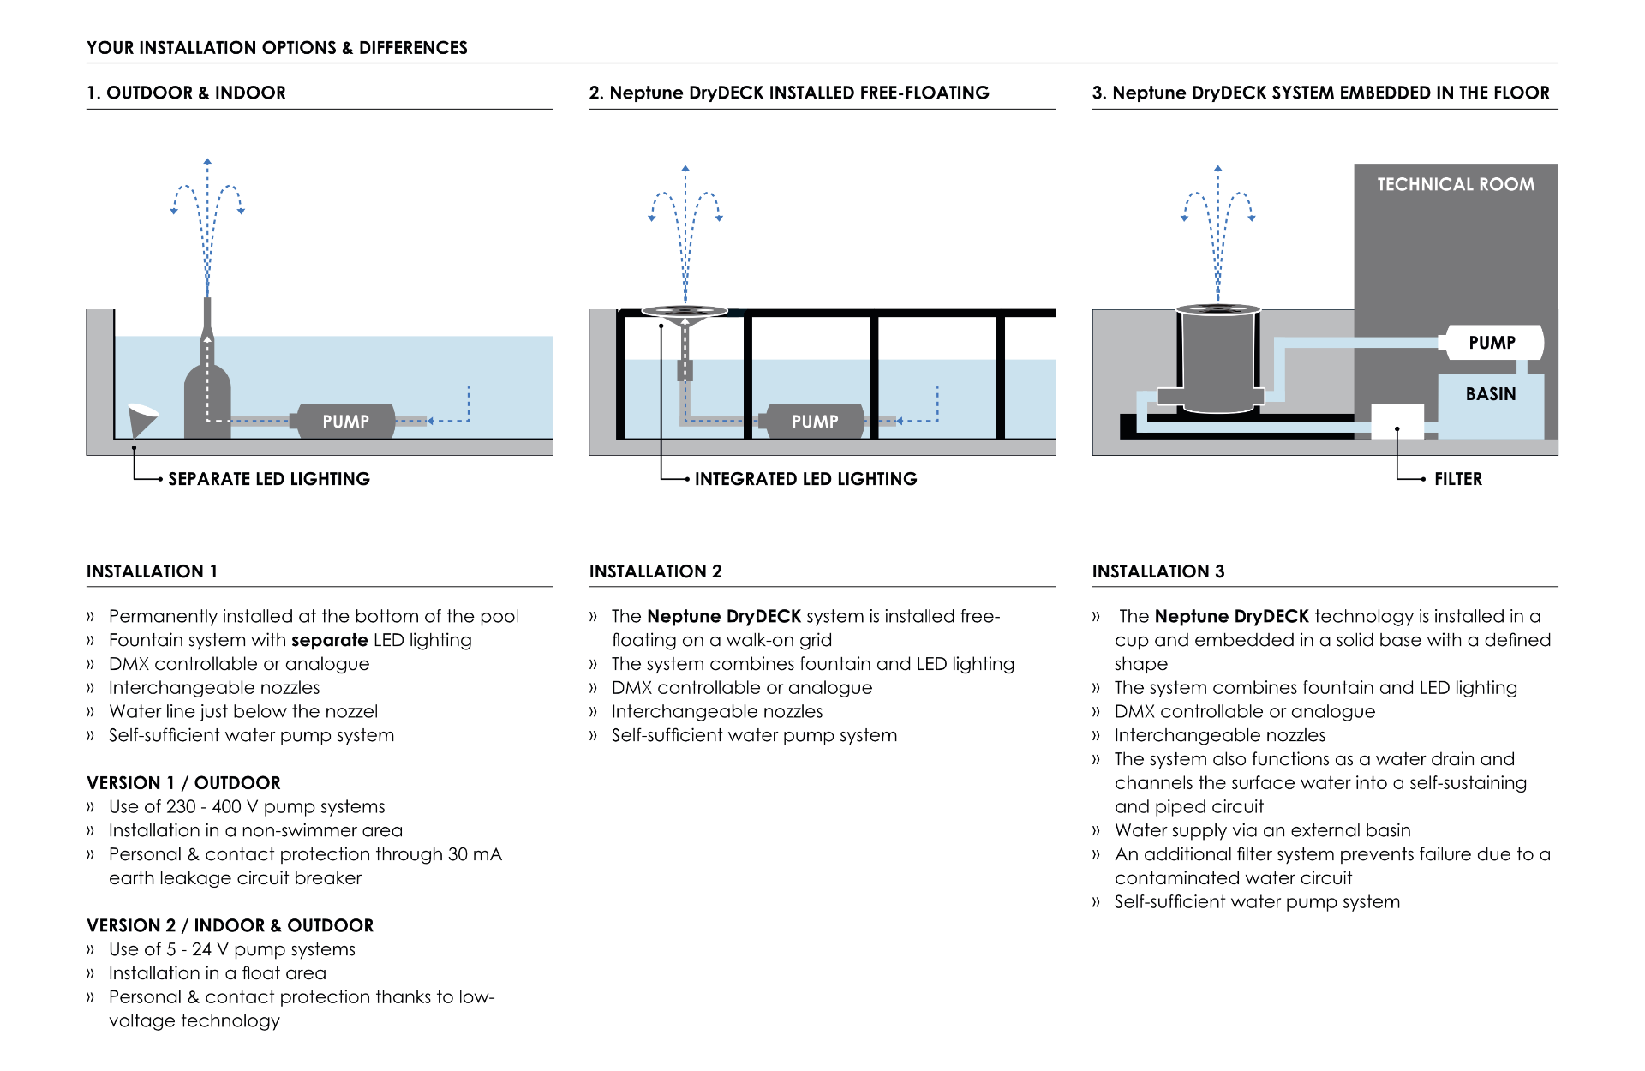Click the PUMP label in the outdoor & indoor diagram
point(345,422)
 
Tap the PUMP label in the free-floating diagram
point(815,422)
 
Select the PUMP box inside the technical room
point(1492,343)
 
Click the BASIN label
point(1491,394)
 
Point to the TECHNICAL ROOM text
point(1456,184)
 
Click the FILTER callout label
point(1458,479)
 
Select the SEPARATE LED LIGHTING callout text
point(269,479)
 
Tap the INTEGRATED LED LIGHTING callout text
point(805,479)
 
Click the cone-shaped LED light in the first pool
point(141,418)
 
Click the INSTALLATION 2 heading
point(655,571)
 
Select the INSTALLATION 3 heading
point(1158,571)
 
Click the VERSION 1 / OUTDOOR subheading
point(183,783)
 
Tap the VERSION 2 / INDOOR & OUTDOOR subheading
point(230,926)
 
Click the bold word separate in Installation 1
point(330,640)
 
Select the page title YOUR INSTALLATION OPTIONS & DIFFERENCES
point(277,48)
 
